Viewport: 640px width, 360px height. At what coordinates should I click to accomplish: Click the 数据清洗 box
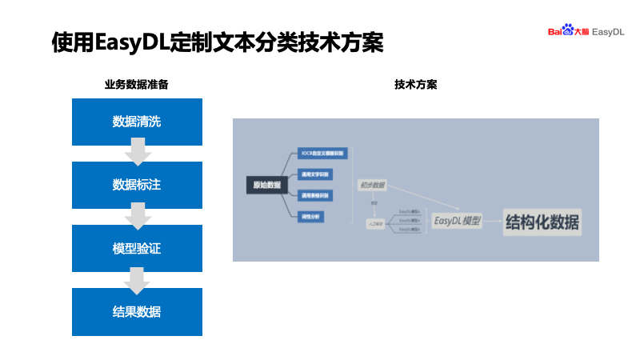point(137,122)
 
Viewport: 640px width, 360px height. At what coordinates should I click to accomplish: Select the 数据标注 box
point(137,185)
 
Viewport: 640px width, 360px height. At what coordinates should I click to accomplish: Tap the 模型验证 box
point(137,248)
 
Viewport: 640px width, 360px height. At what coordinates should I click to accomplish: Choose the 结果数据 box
point(137,311)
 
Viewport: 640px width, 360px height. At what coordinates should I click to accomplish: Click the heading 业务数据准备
point(136,85)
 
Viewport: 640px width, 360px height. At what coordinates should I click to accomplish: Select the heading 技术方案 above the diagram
point(415,85)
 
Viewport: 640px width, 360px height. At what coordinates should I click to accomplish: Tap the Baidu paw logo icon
point(568,30)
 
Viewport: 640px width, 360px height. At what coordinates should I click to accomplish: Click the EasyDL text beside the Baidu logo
point(608,31)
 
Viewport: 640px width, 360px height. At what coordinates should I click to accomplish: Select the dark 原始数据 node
point(267,186)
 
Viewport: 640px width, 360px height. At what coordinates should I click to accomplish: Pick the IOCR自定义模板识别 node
point(313,152)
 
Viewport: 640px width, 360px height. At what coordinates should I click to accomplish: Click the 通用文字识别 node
point(313,174)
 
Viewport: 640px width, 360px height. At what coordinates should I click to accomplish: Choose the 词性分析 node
point(310,216)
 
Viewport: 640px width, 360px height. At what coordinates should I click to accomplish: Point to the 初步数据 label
point(372,186)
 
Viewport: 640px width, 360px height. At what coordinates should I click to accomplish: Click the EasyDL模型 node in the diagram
point(457,221)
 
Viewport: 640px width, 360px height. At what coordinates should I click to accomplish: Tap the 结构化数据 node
point(542,223)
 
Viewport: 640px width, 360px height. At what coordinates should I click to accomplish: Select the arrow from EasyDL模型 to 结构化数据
point(494,222)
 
